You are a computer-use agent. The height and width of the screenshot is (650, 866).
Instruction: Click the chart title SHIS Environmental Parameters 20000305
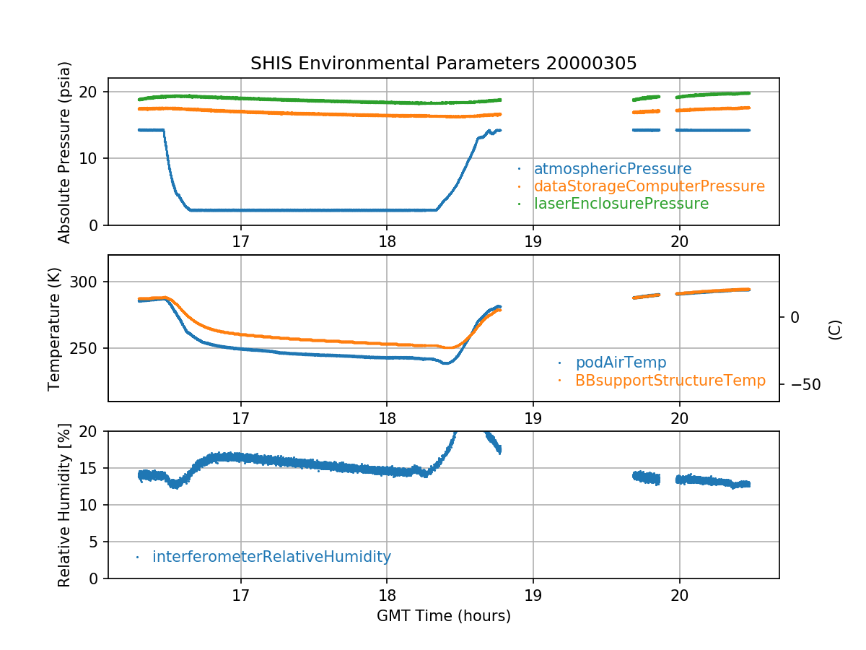coord(443,64)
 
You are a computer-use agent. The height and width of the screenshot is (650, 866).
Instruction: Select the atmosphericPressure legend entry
coord(612,169)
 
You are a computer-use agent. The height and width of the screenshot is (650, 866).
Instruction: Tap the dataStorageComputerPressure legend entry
coord(649,186)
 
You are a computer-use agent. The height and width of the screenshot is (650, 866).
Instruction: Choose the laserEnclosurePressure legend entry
coord(621,204)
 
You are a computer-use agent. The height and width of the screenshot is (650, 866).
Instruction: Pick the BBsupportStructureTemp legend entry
coord(670,380)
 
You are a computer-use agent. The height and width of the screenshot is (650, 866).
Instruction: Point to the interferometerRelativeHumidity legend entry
coord(271,557)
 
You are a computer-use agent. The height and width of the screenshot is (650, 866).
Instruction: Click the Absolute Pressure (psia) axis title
coord(64,152)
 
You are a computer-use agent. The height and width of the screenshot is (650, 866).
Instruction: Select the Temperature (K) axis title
coord(55,329)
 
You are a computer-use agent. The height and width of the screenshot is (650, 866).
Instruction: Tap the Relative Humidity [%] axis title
coord(64,505)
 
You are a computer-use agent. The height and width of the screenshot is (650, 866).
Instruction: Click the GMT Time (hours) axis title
coord(443,616)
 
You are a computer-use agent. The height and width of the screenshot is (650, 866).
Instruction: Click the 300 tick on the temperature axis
coord(89,282)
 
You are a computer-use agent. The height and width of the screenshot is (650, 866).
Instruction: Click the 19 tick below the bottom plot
coord(533,597)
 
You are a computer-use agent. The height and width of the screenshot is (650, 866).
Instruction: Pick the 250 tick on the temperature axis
coord(89,348)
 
